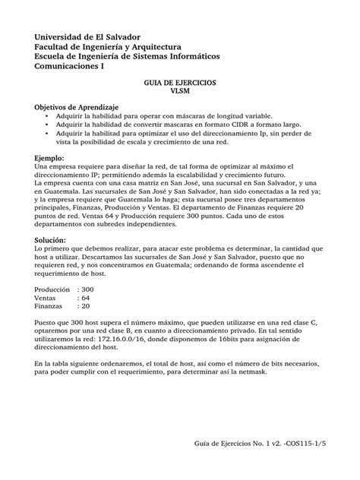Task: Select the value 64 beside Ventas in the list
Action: pos(84,298)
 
